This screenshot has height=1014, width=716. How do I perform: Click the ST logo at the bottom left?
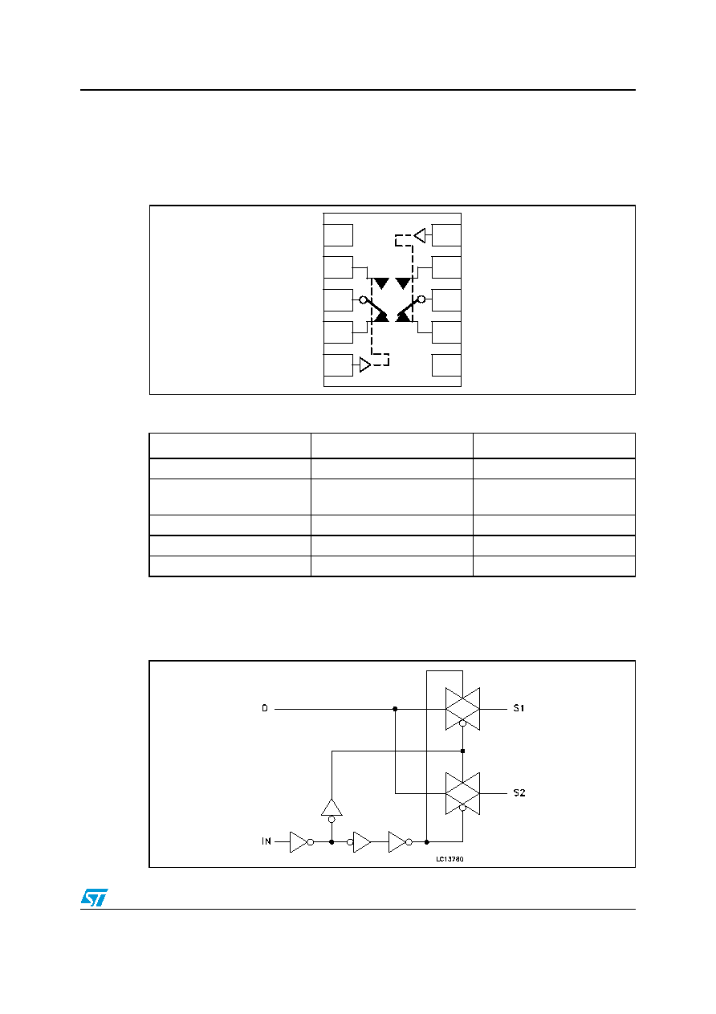pyautogui.click(x=94, y=898)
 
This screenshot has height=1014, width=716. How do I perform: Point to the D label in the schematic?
pyautogui.click(x=265, y=708)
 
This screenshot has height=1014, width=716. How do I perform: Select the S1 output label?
pyautogui.click(x=519, y=708)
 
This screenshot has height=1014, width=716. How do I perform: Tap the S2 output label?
pyautogui.click(x=519, y=792)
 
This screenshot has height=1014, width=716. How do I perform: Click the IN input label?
pyautogui.click(x=266, y=841)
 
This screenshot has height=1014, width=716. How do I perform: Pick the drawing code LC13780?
pyautogui.click(x=450, y=859)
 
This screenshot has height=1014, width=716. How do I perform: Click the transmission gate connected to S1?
pyautogui.click(x=462, y=709)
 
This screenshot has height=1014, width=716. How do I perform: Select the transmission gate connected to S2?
pyautogui.click(x=462, y=793)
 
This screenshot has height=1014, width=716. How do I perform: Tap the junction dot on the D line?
pyautogui.click(x=395, y=709)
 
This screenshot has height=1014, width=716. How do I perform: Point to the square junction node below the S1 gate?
pyautogui.click(x=462, y=751)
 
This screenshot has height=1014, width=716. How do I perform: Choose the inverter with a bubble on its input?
pyautogui.click(x=359, y=842)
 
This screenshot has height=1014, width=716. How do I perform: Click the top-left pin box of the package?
pyautogui.click(x=338, y=235)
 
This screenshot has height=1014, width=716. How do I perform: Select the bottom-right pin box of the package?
pyautogui.click(x=446, y=364)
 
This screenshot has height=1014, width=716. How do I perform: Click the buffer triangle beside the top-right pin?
pyautogui.click(x=420, y=235)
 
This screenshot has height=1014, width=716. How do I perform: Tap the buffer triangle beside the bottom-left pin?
pyautogui.click(x=364, y=364)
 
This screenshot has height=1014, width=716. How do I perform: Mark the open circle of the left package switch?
pyautogui.click(x=363, y=299)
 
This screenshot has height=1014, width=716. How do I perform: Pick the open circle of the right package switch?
pyautogui.click(x=421, y=299)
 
